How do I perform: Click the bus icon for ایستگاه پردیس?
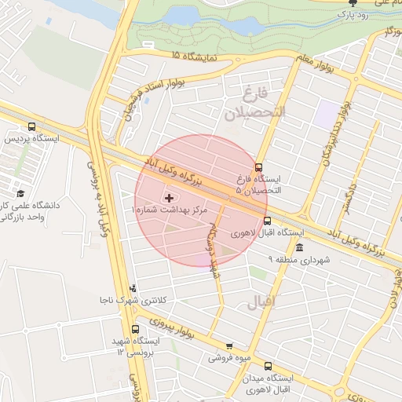[31, 126]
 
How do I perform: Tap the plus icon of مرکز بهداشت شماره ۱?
[169, 197]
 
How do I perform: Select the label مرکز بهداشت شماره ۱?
[171, 211]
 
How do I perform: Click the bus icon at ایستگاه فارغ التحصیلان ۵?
[259, 166]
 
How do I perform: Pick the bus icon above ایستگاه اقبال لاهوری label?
[266, 221]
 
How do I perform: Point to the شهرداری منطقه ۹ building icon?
[299, 247]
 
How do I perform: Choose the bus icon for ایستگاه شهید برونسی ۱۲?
[135, 329]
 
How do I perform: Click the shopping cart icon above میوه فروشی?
[228, 345]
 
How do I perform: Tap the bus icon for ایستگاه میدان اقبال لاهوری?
[269, 365]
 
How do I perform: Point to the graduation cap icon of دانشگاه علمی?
[20, 193]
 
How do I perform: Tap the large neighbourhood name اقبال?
[261, 301]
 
